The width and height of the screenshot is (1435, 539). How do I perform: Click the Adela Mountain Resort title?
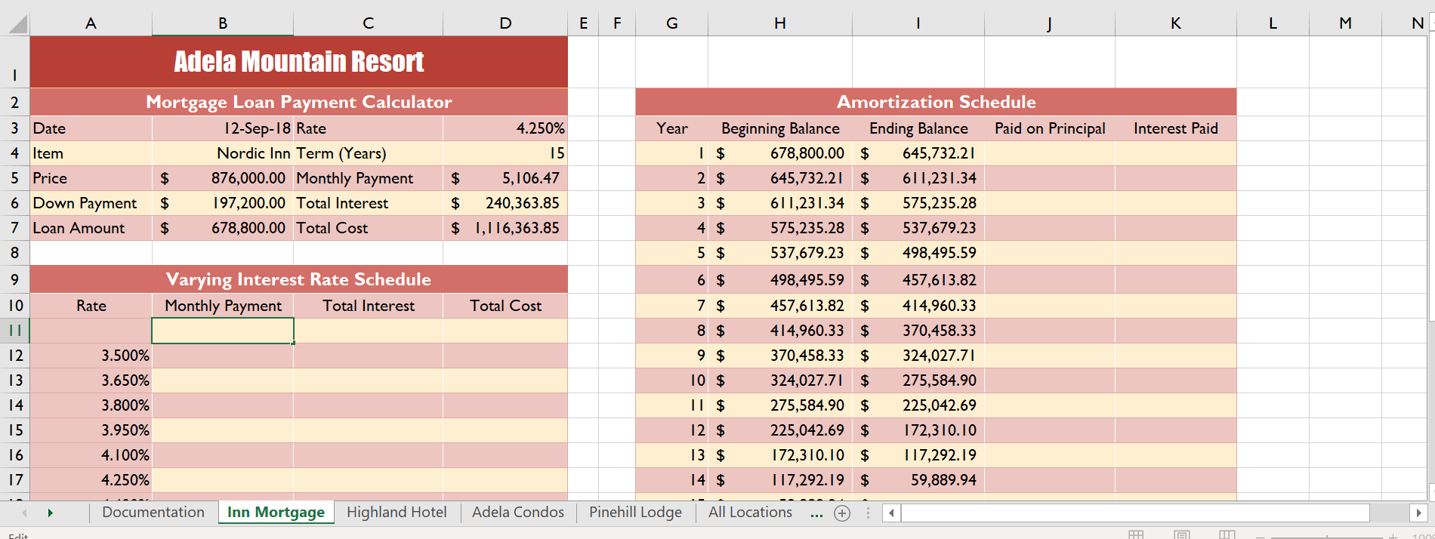[299, 62]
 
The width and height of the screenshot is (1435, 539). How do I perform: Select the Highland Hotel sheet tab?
[397, 513]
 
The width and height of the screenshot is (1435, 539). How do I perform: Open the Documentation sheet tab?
[153, 513]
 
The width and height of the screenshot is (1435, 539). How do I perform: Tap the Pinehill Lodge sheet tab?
[635, 513]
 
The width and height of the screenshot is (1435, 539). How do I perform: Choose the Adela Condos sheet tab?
[518, 513]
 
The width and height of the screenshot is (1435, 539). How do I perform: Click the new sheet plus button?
[842, 513]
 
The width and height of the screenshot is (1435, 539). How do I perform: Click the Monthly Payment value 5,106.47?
[530, 178]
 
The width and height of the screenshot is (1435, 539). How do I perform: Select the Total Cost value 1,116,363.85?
[517, 228]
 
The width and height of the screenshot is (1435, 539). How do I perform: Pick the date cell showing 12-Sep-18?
[257, 128]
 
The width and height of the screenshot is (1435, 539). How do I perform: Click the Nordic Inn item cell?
[253, 153]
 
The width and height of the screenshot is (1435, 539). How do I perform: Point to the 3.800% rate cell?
[125, 405]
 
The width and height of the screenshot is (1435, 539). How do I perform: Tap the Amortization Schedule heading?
[936, 102]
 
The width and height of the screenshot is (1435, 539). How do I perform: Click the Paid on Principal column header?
[1049, 128]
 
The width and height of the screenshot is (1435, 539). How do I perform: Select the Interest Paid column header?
[1175, 128]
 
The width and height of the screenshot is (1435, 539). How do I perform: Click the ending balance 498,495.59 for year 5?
[939, 253]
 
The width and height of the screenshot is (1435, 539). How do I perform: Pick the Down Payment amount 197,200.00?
[248, 203]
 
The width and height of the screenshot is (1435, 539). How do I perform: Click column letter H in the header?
[780, 23]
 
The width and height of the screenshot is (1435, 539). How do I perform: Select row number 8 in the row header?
[14, 253]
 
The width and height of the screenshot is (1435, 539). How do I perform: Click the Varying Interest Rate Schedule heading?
[298, 279]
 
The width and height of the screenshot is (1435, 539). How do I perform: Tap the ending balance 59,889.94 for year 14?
[943, 480]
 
